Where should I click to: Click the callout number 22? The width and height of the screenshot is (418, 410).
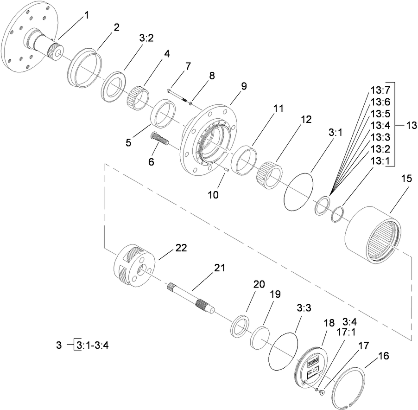pyautogui.click(x=181, y=248)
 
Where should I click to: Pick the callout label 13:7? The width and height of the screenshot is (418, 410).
pyautogui.click(x=380, y=90)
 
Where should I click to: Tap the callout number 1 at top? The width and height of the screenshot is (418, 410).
pyautogui.click(x=86, y=15)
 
